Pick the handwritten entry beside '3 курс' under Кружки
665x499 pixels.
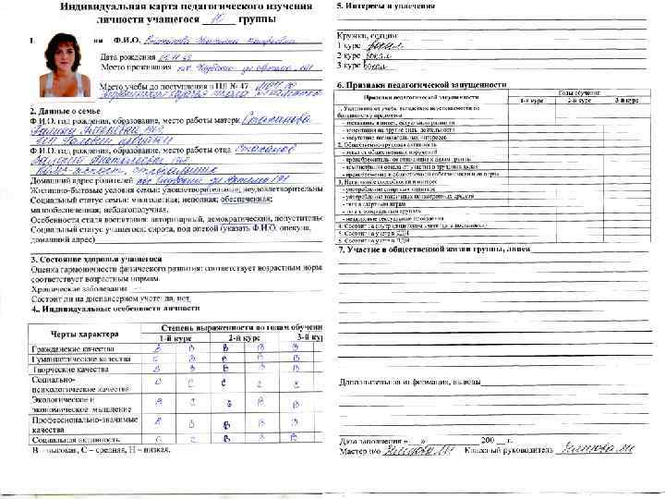[x=374, y=67]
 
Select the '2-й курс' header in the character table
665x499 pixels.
[x=241, y=339]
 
